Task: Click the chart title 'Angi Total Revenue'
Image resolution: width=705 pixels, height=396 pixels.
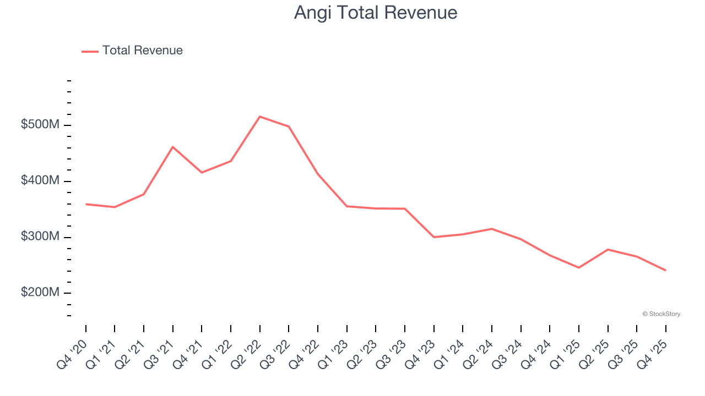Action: tap(376, 12)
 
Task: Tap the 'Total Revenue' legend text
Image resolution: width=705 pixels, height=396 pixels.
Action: tap(142, 51)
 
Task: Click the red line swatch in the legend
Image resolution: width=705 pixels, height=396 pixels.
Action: tap(90, 51)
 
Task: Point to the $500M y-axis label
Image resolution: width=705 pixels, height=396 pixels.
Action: tap(40, 125)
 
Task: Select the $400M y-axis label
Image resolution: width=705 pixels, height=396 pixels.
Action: tap(40, 181)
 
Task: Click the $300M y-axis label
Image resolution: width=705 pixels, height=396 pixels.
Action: tap(40, 237)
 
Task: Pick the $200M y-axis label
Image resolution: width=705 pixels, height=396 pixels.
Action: tap(40, 293)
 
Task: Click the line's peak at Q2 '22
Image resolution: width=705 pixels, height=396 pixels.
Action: tap(259, 117)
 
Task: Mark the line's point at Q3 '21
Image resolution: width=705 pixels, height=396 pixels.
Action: tap(173, 147)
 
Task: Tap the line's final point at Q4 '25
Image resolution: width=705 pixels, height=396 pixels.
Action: tap(665, 270)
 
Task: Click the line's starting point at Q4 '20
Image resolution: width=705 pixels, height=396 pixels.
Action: tap(86, 204)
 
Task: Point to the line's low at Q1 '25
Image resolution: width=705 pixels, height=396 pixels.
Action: tap(579, 267)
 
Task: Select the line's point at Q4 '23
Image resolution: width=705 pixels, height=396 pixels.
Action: tap(434, 237)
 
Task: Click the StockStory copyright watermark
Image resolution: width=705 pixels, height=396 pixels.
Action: tap(661, 314)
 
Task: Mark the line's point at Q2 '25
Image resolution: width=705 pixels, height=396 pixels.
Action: tap(608, 250)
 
